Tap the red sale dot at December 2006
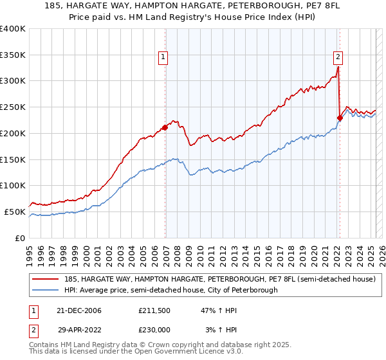pos(165,127)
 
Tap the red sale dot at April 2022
pos(340,118)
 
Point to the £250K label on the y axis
pos(13,107)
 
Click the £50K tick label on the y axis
pos(15,212)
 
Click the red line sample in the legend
pos(46,280)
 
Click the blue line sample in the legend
pos(46,291)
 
